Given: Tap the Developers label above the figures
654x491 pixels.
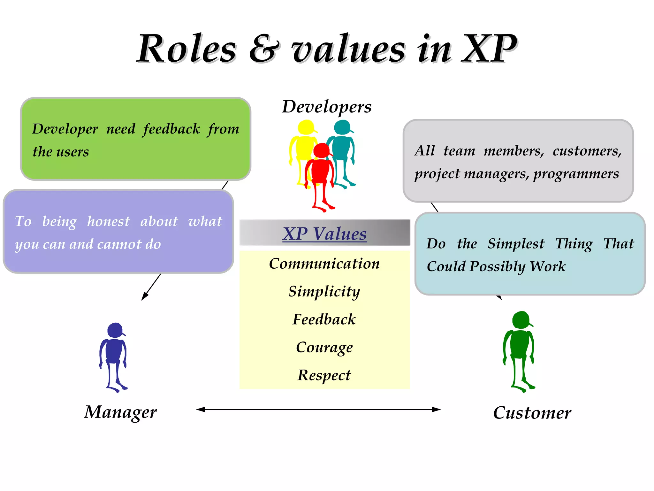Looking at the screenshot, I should coord(327,106).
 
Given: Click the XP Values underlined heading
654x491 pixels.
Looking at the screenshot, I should coord(324,234).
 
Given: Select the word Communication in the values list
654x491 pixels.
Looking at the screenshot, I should coord(324,264).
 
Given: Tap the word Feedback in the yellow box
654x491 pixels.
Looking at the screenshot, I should coord(324,319).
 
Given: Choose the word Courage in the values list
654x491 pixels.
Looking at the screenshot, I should coord(324,347).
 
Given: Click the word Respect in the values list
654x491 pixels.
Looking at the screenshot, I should coord(324,375).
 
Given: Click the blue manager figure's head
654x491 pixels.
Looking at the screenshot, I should coord(115,330).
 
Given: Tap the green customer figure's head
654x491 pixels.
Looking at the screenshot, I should coord(521,320).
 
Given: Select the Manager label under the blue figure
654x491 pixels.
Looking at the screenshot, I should coord(120,412).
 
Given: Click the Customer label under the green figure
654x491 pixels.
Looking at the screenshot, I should coord(532,413).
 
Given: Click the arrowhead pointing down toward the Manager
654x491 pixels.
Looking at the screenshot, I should coord(144,297).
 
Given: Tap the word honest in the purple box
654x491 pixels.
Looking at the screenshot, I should coord(109,221).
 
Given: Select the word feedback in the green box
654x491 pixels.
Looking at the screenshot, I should coord(171,129).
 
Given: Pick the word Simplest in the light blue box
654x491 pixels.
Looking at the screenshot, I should coord(516,244).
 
